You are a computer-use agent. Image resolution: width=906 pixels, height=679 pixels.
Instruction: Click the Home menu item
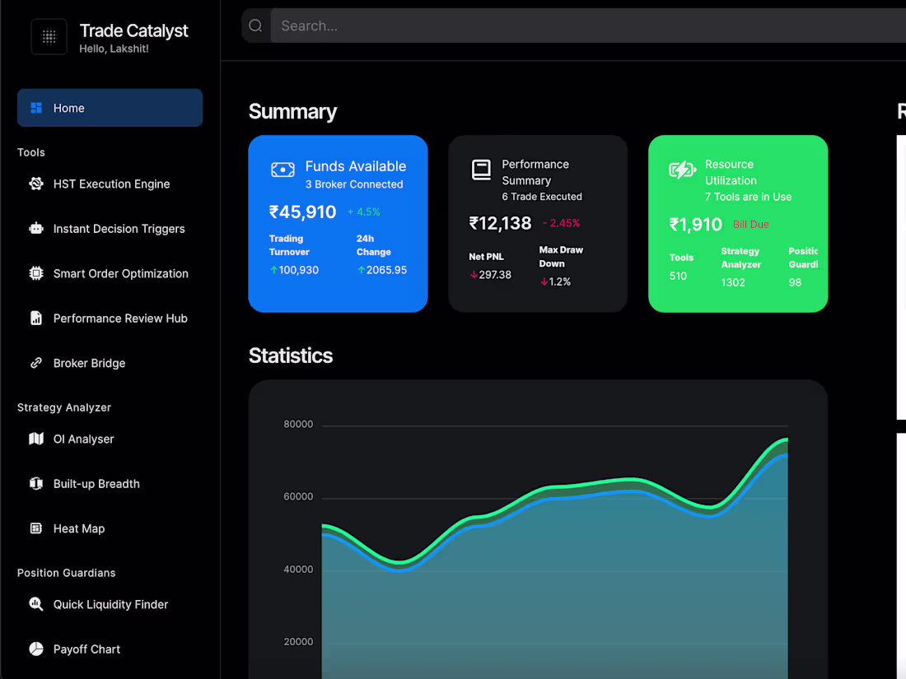click(69, 108)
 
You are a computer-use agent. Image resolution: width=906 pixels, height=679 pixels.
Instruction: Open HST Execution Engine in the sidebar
click(111, 184)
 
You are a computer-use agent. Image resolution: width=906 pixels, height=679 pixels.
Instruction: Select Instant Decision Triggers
click(119, 229)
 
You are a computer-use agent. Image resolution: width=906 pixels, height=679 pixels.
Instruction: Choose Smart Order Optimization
click(120, 273)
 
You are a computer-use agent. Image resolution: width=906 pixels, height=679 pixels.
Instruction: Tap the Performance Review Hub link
click(120, 319)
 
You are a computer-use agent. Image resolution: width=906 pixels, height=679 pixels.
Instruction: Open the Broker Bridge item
click(89, 363)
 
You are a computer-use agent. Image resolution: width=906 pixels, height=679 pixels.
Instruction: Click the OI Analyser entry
click(83, 439)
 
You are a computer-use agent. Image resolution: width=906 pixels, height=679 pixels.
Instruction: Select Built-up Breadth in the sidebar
click(96, 484)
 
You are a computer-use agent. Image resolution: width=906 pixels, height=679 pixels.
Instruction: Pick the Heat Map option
click(79, 528)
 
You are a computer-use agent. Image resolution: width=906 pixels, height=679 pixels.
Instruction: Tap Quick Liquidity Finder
click(110, 604)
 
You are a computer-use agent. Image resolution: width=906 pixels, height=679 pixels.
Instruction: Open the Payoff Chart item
click(86, 649)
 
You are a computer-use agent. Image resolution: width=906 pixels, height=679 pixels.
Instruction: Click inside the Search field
click(577, 26)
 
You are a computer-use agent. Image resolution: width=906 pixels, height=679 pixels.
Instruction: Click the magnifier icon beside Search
click(255, 26)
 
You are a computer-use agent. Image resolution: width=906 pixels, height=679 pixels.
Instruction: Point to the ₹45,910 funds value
click(302, 212)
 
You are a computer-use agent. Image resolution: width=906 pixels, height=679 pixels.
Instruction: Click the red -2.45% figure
click(561, 223)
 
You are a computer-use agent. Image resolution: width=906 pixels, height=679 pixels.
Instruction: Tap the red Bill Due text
click(750, 225)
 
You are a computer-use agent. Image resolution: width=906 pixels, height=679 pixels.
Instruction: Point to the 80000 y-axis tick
click(298, 425)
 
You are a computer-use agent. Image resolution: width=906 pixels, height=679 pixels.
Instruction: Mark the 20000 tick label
click(298, 642)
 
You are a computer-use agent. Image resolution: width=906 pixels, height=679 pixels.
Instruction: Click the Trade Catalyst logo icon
click(49, 36)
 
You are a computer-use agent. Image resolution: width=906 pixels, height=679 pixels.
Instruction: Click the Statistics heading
click(291, 356)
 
